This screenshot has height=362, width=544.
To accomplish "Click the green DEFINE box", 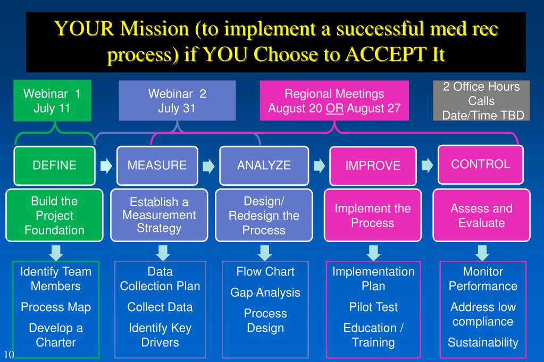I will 54,165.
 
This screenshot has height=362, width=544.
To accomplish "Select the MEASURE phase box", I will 157,165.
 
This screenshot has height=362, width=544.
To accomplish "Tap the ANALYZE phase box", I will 264,165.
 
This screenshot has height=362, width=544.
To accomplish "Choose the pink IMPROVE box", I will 372,166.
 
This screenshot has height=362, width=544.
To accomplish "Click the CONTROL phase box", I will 480,164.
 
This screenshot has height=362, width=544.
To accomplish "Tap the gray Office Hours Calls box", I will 482,101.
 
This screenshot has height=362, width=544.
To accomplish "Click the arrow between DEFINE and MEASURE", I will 106,166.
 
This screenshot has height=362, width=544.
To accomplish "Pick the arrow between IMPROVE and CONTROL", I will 427,165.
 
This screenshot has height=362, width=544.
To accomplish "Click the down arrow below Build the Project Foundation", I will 55,251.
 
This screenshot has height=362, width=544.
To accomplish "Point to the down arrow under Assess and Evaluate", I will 482,251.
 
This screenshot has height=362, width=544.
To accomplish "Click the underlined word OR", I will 334,109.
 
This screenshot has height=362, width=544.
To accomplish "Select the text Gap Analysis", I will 265,292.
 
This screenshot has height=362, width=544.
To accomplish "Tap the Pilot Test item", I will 373,307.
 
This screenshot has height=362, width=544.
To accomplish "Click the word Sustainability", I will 482,342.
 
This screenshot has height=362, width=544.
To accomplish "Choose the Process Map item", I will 55,307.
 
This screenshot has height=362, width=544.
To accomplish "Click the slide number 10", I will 8,354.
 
